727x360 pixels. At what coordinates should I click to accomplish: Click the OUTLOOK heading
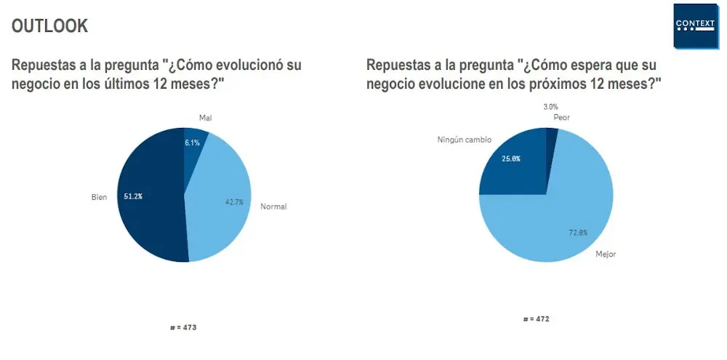click(50, 26)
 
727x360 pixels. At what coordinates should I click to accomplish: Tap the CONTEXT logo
click(695, 25)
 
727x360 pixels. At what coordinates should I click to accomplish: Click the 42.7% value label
click(234, 202)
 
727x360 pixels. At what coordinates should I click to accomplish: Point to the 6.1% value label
click(192, 143)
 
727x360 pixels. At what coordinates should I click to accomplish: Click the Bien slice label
click(98, 196)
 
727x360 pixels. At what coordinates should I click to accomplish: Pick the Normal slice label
click(273, 207)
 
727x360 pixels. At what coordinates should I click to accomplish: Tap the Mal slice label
click(205, 118)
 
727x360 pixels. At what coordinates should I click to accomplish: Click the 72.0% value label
click(578, 233)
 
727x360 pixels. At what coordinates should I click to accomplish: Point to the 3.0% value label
click(550, 107)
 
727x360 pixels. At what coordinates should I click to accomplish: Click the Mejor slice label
click(606, 255)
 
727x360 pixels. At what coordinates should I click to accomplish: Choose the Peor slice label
click(561, 117)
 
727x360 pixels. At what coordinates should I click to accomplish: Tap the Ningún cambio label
click(464, 138)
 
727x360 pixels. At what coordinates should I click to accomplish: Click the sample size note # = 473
click(183, 327)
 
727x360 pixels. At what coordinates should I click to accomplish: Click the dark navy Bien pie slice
click(149, 218)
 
